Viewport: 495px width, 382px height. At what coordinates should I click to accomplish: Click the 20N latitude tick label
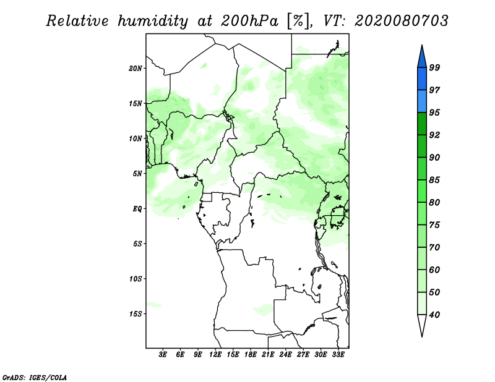click(x=136, y=68)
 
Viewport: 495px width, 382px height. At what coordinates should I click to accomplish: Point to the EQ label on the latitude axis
click(x=137, y=209)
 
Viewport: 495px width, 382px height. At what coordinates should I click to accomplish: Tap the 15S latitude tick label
click(x=136, y=314)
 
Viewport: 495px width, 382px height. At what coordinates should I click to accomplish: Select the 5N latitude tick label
click(x=137, y=174)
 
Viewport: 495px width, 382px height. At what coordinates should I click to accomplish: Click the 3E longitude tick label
click(x=163, y=355)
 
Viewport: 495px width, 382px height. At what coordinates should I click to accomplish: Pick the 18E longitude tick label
click(x=251, y=355)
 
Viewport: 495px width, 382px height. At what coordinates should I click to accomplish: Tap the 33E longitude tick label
click(x=338, y=355)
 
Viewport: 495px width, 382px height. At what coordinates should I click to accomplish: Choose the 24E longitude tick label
click(x=286, y=355)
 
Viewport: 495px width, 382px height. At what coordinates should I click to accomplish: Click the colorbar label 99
click(x=434, y=68)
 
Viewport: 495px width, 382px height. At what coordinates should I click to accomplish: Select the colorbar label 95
click(x=434, y=113)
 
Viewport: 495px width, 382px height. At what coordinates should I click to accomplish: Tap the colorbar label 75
click(x=434, y=226)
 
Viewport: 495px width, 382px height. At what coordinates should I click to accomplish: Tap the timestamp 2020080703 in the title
click(x=402, y=21)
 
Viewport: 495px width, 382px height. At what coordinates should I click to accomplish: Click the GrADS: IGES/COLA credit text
click(x=34, y=376)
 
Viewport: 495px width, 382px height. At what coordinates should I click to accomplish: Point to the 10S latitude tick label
click(x=136, y=279)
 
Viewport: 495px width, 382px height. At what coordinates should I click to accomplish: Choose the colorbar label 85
click(x=434, y=180)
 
